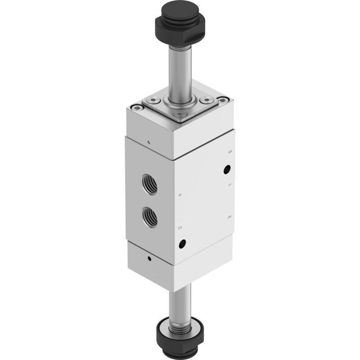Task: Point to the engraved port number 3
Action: (x=229, y=217)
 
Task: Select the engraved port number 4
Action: (x=180, y=195)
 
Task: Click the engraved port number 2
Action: (x=180, y=228)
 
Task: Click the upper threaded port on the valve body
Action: (x=149, y=184)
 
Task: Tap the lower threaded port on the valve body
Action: (x=150, y=217)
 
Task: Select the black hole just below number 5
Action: (x=227, y=170)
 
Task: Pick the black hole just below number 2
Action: (x=183, y=243)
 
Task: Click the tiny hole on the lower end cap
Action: (x=149, y=259)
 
